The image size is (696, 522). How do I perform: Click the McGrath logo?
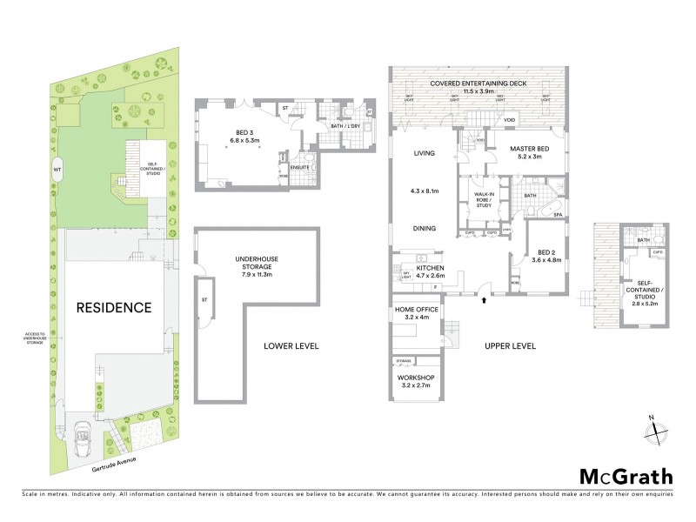(626, 476)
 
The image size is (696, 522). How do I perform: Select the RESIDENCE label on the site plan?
(112, 307)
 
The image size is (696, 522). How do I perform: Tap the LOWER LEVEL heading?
(291, 346)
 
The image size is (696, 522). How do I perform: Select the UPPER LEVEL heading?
(510, 346)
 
